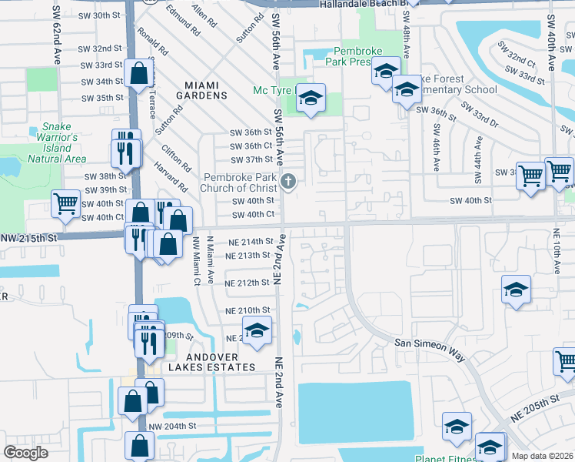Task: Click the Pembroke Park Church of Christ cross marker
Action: pos(288,182)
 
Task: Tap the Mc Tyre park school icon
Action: pos(310,99)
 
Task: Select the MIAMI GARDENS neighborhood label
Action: pos(195,90)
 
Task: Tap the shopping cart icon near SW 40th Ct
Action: pos(66,204)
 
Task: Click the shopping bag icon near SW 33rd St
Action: pos(139,74)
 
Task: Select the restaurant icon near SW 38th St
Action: pos(126,150)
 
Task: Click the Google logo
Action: pos(25,453)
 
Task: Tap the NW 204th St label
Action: pos(173,427)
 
